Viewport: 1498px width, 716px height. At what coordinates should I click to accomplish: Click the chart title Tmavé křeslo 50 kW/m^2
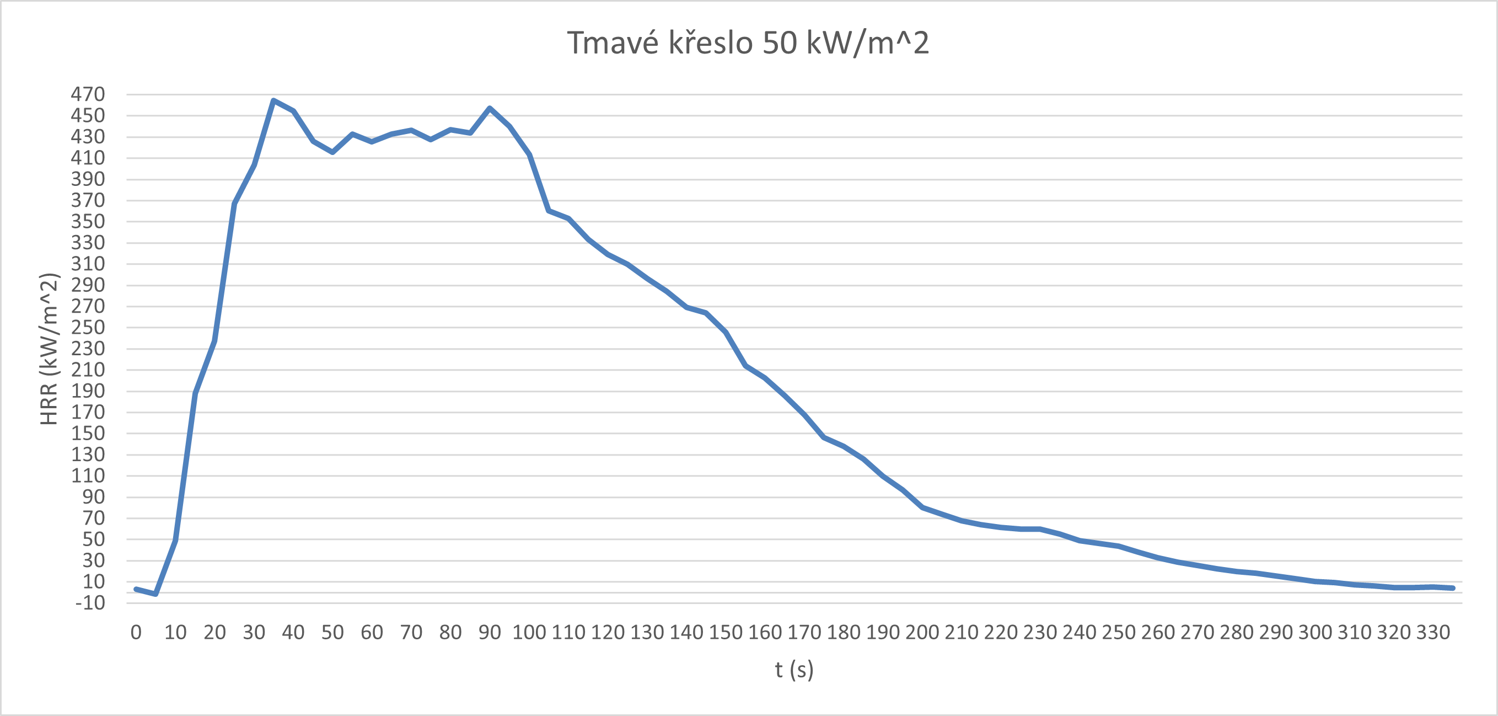(x=748, y=42)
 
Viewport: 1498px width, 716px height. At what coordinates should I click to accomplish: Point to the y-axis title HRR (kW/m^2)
(x=50, y=349)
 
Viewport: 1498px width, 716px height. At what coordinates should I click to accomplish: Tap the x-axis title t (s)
(x=794, y=670)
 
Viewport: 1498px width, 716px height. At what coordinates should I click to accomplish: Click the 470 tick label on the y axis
(x=88, y=94)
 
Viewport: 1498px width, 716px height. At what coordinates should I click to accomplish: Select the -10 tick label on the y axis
(x=90, y=603)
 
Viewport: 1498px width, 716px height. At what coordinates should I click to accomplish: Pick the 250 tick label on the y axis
(x=88, y=328)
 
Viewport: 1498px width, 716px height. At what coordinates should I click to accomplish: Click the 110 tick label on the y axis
(x=88, y=476)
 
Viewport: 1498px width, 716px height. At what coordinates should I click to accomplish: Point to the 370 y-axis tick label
(x=88, y=201)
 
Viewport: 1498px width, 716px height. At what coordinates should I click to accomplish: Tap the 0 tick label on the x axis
(x=136, y=632)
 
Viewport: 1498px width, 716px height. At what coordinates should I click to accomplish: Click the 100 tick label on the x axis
(x=529, y=632)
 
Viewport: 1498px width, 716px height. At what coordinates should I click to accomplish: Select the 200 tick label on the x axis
(x=922, y=632)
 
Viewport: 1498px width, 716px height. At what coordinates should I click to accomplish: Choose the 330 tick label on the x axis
(x=1433, y=632)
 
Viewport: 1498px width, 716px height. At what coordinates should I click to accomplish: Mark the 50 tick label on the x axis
(x=332, y=632)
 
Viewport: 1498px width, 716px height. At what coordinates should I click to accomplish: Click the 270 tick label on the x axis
(x=1198, y=632)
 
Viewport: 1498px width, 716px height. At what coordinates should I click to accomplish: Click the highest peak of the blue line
(x=273, y=100)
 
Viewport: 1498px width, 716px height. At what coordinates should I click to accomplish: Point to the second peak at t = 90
(x=490, y=108)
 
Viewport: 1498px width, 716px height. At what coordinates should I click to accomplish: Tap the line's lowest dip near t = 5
(x=155, y=594)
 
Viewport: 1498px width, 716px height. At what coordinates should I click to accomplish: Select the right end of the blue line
(x=1453, y=588)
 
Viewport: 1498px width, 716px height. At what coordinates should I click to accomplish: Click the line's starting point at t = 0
(x=136, y=589)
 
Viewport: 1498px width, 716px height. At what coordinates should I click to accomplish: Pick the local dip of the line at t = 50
(x=332, y=152)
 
